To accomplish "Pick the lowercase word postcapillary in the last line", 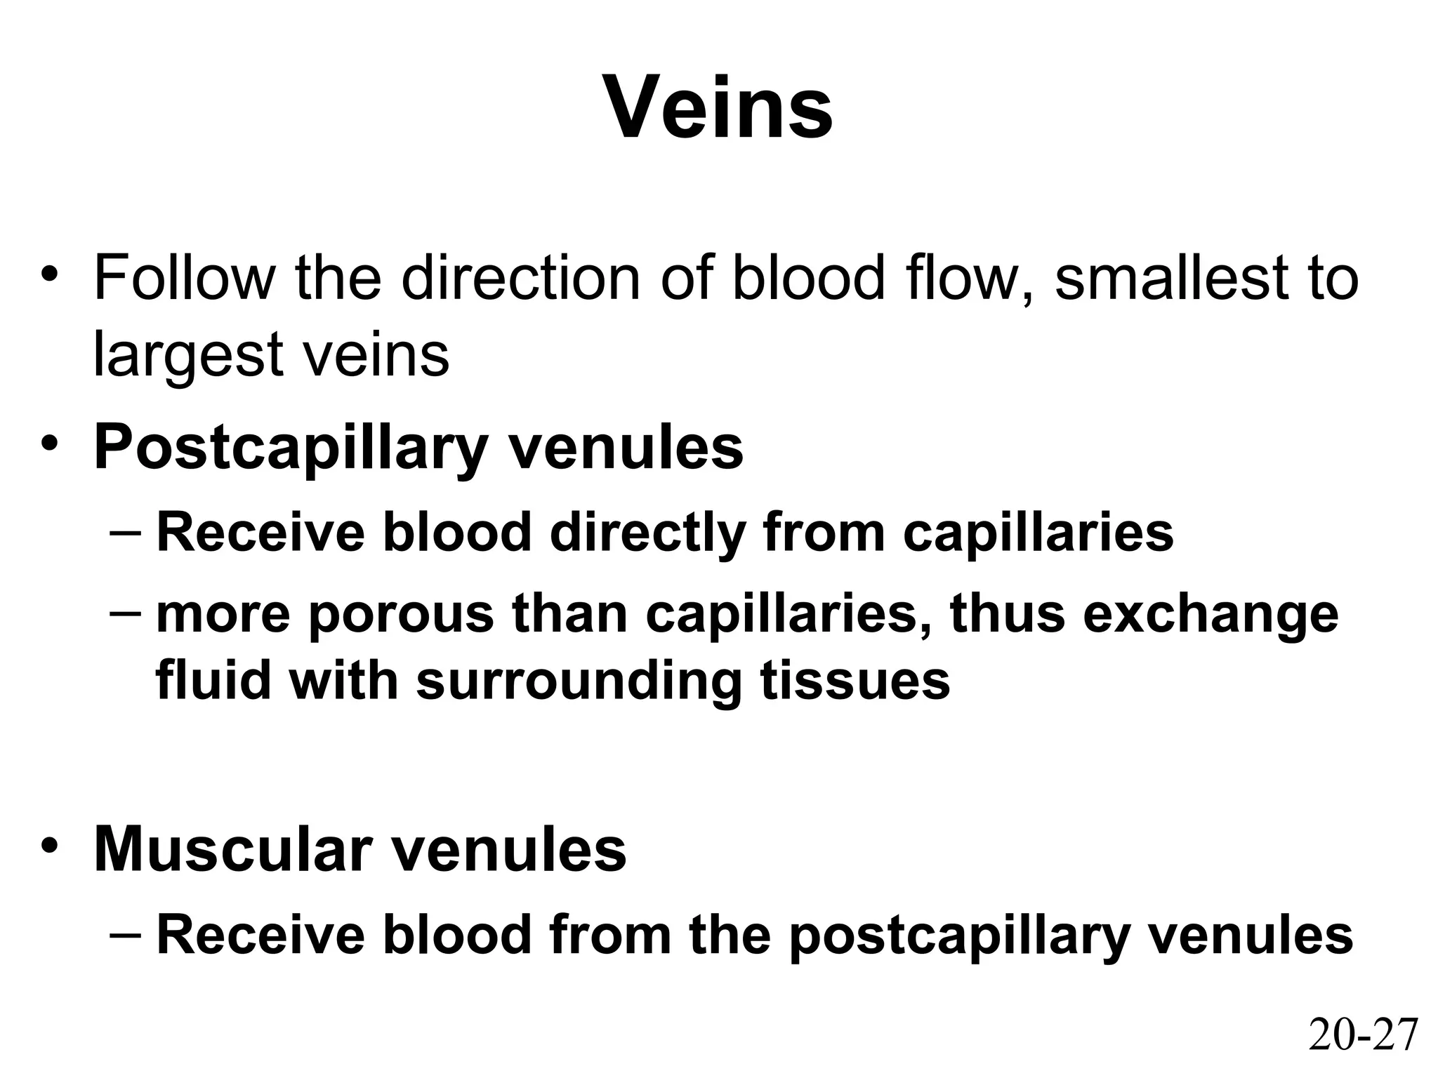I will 959,936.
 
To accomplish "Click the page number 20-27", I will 1363,1035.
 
